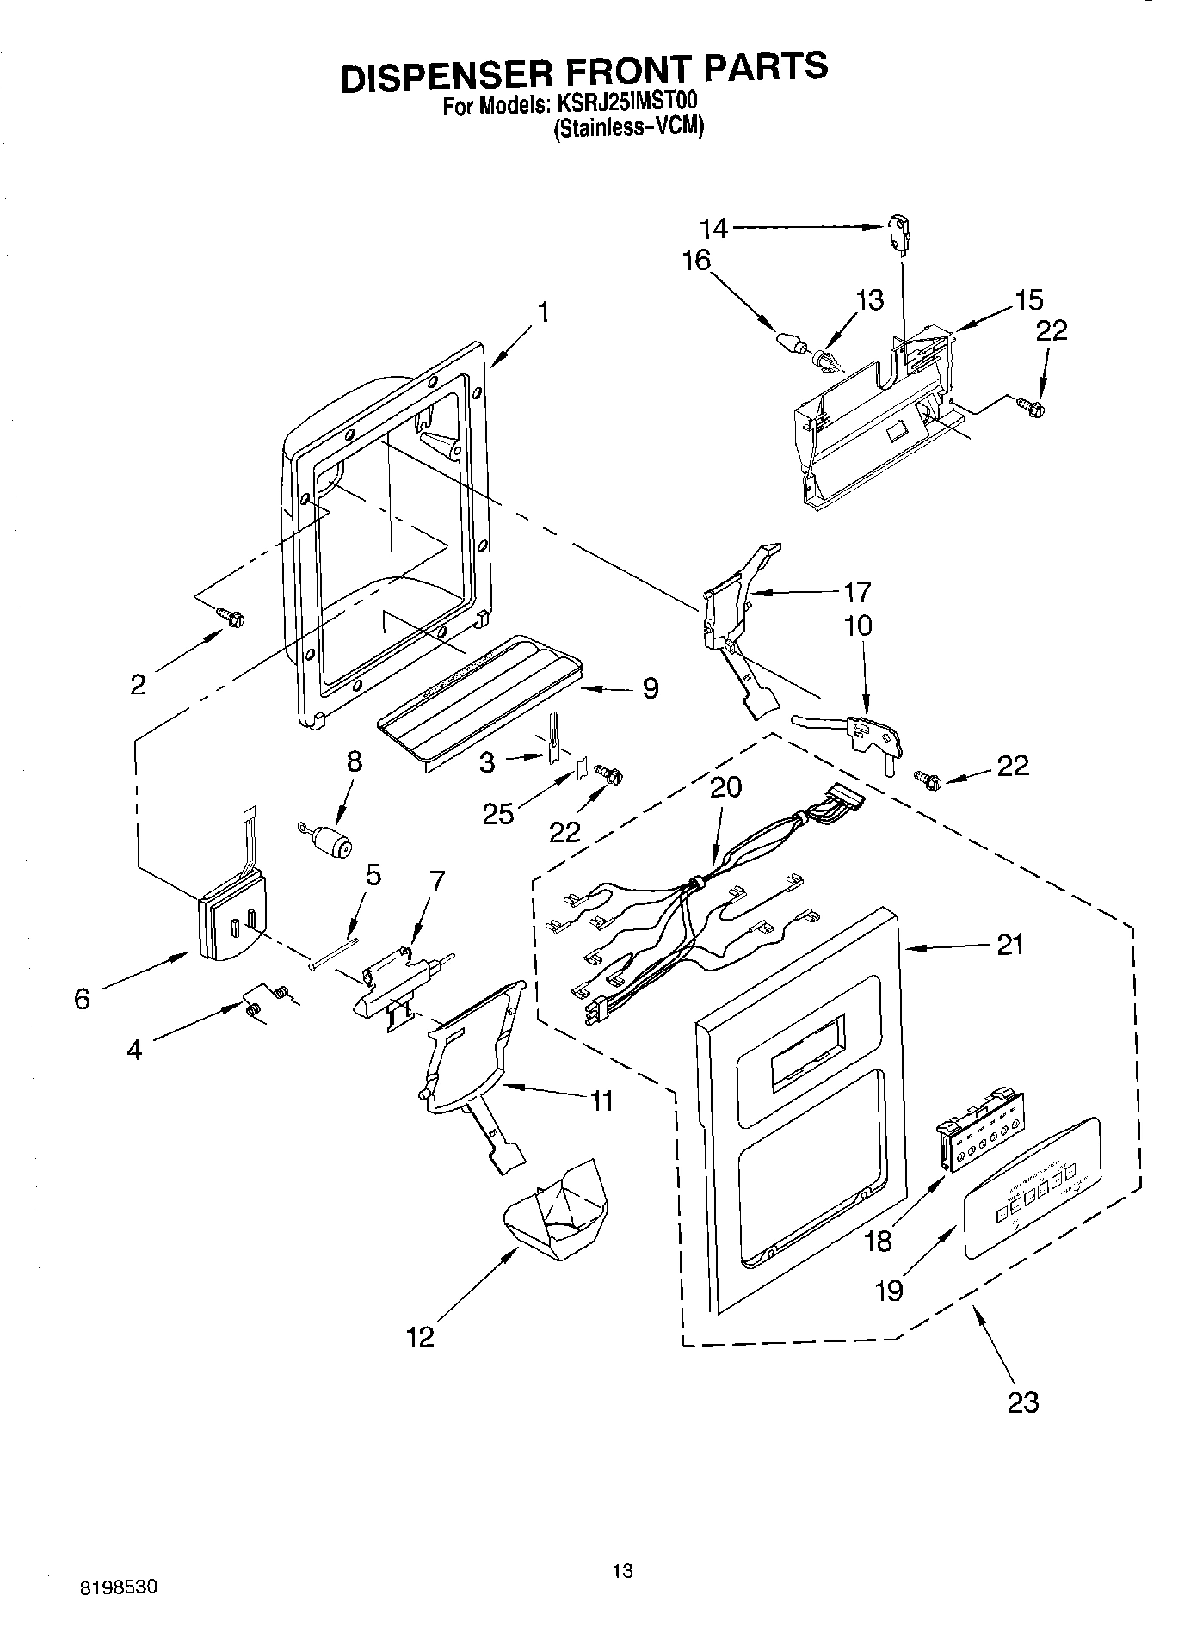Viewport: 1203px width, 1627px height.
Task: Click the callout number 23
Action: (1022, 1402)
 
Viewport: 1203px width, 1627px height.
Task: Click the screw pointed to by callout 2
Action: (231, 616)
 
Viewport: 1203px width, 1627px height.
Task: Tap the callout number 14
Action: (713, 228)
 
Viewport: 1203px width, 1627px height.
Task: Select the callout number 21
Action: (1009, 945)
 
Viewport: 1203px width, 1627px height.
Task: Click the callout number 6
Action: (82, 999)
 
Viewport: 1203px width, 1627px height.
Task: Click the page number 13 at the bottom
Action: (622, 1570)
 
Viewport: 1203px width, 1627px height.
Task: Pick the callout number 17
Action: (857, 592)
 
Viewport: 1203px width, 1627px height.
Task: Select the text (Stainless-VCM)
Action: (627, 127)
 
